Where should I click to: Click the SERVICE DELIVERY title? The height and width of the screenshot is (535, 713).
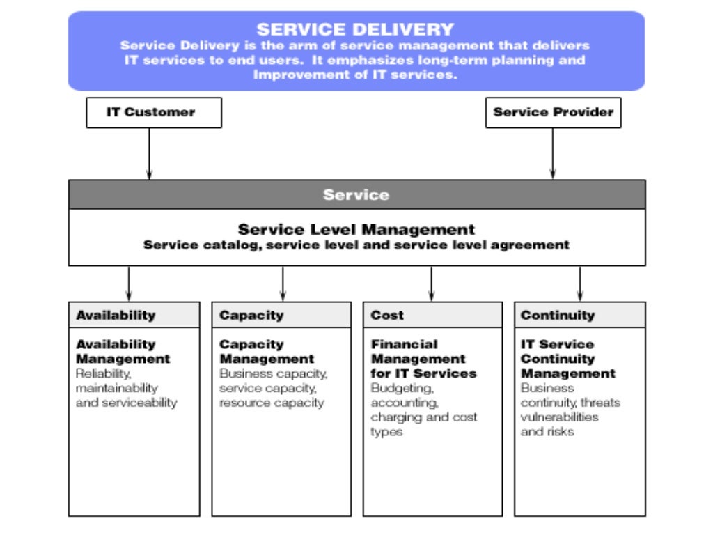click(355, 29)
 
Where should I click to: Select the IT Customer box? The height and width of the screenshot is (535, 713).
click(153, 112)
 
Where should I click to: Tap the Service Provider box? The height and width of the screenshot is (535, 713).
click(553, 112)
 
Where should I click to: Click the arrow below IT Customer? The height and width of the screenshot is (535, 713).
click(149, 154)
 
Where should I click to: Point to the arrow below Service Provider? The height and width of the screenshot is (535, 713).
click(553, 154)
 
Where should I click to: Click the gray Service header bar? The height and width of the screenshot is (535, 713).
click(356, 194)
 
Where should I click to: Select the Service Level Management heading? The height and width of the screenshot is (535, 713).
click(356, 229)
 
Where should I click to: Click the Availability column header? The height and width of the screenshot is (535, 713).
click(116, 315)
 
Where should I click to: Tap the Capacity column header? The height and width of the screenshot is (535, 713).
click(251, 315)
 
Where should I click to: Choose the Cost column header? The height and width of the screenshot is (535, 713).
click(387, 315)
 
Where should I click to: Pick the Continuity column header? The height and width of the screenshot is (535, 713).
click(558, 315)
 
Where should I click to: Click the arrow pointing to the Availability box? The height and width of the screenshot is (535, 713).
click(129, 284)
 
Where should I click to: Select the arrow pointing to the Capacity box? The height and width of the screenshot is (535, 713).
click(283, 284)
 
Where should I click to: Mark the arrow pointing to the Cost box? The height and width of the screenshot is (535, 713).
click(431, 284)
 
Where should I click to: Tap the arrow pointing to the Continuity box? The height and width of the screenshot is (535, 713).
click(579, 284)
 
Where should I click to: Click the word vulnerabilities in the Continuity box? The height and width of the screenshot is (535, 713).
click(559, 417)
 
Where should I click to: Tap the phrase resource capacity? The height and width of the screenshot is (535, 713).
click(272, 403)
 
